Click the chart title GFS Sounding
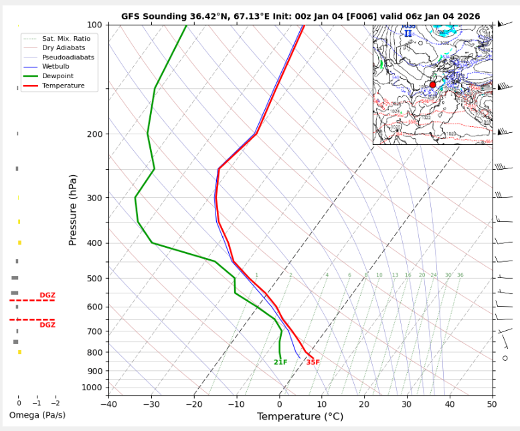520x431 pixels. point(300,17)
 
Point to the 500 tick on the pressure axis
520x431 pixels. point(94,279)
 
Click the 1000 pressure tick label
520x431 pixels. point(92,388)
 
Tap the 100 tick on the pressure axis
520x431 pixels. point(94,25)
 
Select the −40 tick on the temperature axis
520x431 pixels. point(108,403)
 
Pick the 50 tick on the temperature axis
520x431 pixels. point(492,403)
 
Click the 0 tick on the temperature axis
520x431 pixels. point(279,403)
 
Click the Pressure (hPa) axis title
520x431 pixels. point(73,209)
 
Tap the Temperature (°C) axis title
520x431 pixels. point(300,416)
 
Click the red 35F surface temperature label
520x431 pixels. point(313,363)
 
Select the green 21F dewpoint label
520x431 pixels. point(280,363)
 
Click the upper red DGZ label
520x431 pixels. point(48,295)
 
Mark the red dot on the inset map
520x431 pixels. point(432,85)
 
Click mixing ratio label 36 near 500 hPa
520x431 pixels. point(460,275)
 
